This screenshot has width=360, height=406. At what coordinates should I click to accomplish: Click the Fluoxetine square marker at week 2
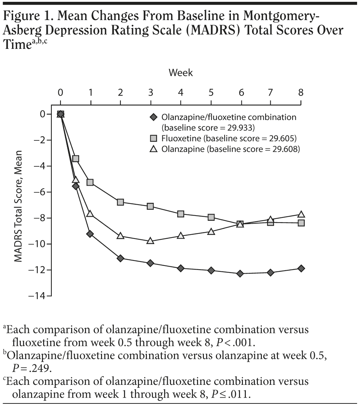coord(121,202)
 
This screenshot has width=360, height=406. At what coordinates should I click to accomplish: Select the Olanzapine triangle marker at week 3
coord(151,241)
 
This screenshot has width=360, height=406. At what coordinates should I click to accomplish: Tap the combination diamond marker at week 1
coord(90,234)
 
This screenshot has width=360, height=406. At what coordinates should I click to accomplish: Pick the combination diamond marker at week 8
coord(301,268)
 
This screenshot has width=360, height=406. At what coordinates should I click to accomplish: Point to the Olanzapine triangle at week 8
coord(301,214)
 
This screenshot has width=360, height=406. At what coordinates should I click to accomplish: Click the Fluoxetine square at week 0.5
coord(76,159)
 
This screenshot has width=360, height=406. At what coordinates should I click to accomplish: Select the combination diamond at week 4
coord(181,268)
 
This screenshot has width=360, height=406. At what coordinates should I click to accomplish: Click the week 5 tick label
coord(211,92)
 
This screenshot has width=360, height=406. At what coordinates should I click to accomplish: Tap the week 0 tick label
coord(61,92)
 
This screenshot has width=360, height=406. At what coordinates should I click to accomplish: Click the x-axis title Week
coord(181,73)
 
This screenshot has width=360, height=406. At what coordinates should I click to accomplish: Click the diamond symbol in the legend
coord(154,117)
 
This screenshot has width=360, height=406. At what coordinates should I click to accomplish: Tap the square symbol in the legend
coord(154,138)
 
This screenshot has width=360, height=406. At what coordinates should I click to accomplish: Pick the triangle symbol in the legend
coord(154,149)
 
